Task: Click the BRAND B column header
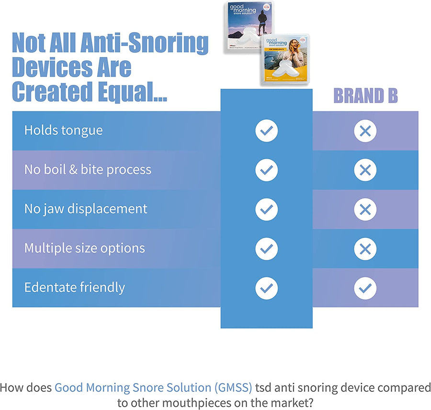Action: [x=365, y=96]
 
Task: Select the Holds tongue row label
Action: [x=63, y=130]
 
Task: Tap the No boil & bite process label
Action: [x=88, y=170]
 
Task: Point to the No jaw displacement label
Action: [x=86, y=209]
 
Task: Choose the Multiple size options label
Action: [x=84, y=248]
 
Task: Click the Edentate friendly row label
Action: [x=74, y=288]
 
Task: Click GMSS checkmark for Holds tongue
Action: [x=266, y=131]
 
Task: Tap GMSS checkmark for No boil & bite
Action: [x=266, y=170]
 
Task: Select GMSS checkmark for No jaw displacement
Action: [x=266, y=210]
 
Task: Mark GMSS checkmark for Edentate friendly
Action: [x=266, y=288]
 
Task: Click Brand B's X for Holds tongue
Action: [x=365, y=131]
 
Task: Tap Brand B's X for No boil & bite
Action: [x=365, y=170]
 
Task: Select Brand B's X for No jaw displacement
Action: [x=365, y=210]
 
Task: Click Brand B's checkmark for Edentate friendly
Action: [x=365, y=288]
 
